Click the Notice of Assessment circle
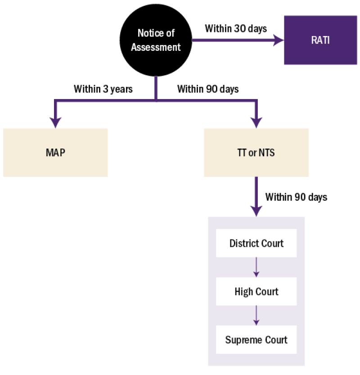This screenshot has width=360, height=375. [156, 40]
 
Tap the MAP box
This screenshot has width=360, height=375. [55, 152]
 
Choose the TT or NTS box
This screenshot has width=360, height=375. [256, 153]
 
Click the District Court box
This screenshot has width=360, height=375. [256, 244]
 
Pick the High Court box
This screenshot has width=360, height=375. [256, 292]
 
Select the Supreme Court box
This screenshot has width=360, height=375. [256, 340]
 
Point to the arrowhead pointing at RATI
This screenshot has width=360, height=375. [279, 40]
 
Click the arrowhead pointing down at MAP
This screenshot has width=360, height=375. [55, 122]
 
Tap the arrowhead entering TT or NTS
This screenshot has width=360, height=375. [256, 122]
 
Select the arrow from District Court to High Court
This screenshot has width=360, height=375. [256, 267]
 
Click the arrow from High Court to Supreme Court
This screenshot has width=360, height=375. [256, 316]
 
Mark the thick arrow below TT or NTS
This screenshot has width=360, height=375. [256, 198]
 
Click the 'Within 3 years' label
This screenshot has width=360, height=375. [103, 89]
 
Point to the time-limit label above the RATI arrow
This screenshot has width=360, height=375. [236, 29]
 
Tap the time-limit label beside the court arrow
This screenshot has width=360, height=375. [296, 197]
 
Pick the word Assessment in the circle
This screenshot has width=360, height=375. [156, 47]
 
